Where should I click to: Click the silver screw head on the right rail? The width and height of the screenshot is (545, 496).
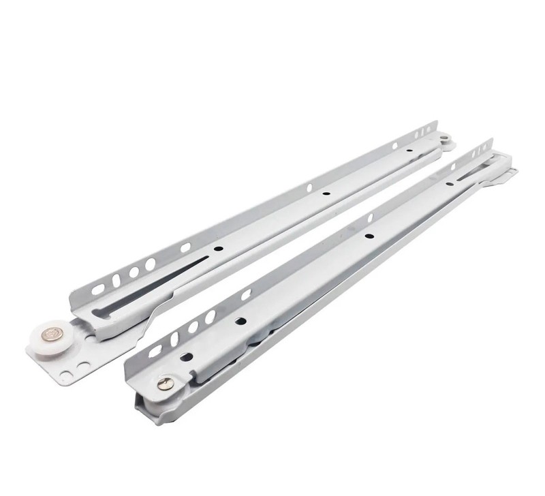[165, 384]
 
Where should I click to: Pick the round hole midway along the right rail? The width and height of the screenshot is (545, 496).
[369, 236]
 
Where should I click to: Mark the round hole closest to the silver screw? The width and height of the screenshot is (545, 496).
[184, 356]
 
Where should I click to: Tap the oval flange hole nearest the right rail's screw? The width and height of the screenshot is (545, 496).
[155, 352]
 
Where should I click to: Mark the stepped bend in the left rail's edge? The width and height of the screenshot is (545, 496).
[157, 311]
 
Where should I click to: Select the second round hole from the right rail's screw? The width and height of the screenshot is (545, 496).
[240, 320]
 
